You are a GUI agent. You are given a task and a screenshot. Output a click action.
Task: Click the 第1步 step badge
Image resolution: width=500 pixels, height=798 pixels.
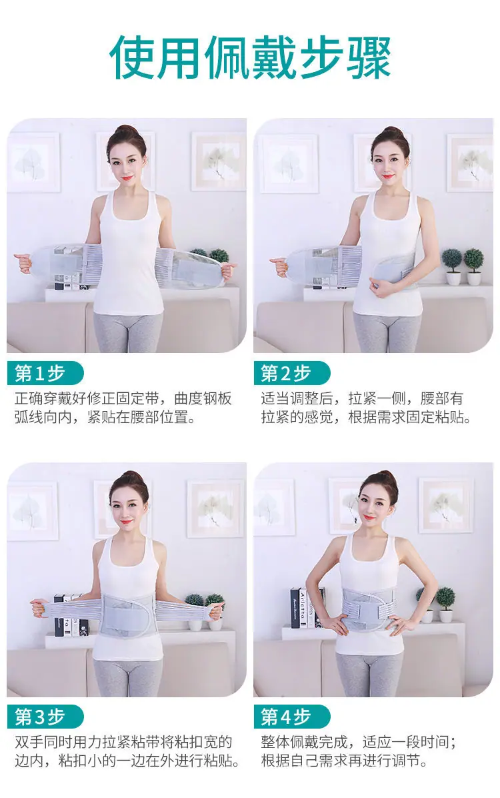[x=45, y=374]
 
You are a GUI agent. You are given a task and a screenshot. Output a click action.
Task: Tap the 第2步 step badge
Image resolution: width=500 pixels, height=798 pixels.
[x=292, y=374]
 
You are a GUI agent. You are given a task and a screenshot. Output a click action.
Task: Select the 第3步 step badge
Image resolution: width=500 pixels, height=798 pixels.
[x=45, y=717]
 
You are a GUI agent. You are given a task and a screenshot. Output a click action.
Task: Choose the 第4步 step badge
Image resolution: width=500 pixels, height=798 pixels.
[x=292, y=717]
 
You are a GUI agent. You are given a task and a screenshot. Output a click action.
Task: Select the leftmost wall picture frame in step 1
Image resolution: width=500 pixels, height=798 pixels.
[x=33, y=163]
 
